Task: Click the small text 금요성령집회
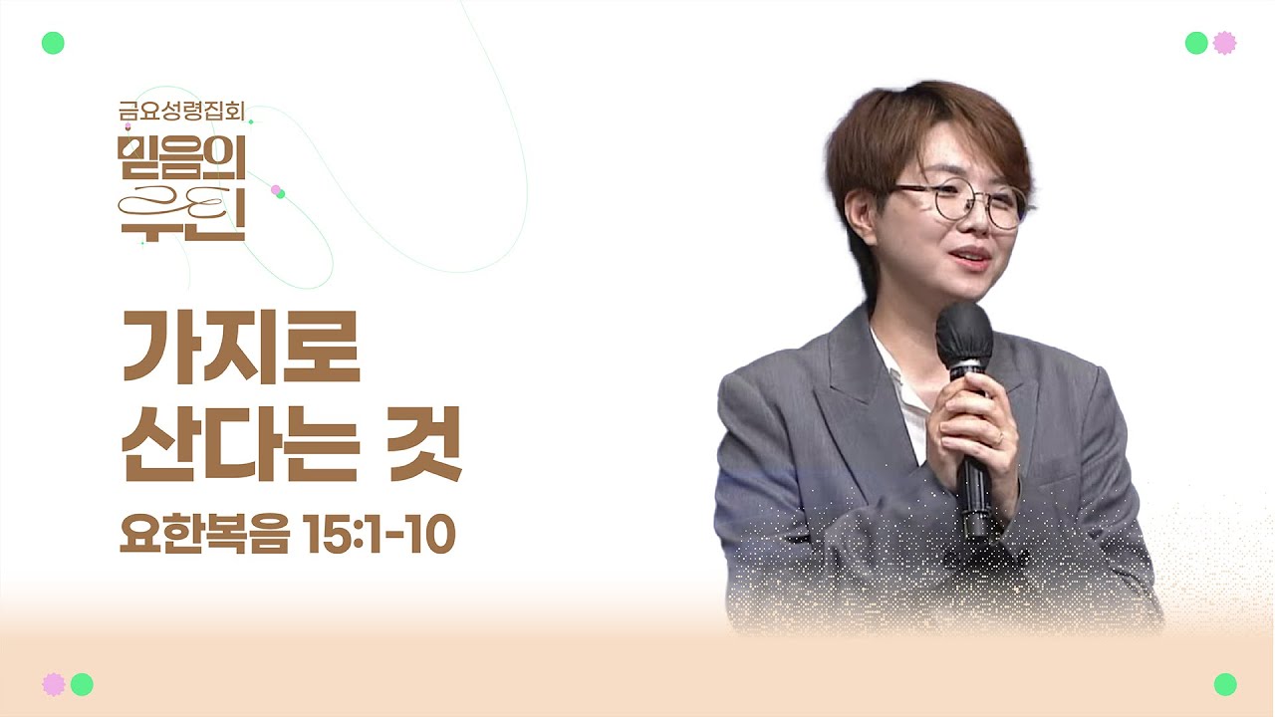tap(181, 111)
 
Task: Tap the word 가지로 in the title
tap(241, 348)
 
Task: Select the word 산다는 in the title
tap(241, 444)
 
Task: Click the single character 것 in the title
tap(424, 444)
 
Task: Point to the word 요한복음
tap(205, 533)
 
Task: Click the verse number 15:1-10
tap(381, 534)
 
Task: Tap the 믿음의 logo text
tap(181, 157)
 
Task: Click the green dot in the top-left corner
tap(53, 43)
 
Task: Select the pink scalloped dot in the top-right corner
tap(1224, 43)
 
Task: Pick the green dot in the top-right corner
tap(1196, 43)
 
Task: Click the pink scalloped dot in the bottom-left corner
tap(54, 684)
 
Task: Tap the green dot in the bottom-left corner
tap(82, 684)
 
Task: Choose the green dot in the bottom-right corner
tap(1225, 684)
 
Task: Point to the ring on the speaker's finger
tap(999, 439)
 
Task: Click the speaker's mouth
tap(971, 258)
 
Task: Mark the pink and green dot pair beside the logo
tap(278, 191)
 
